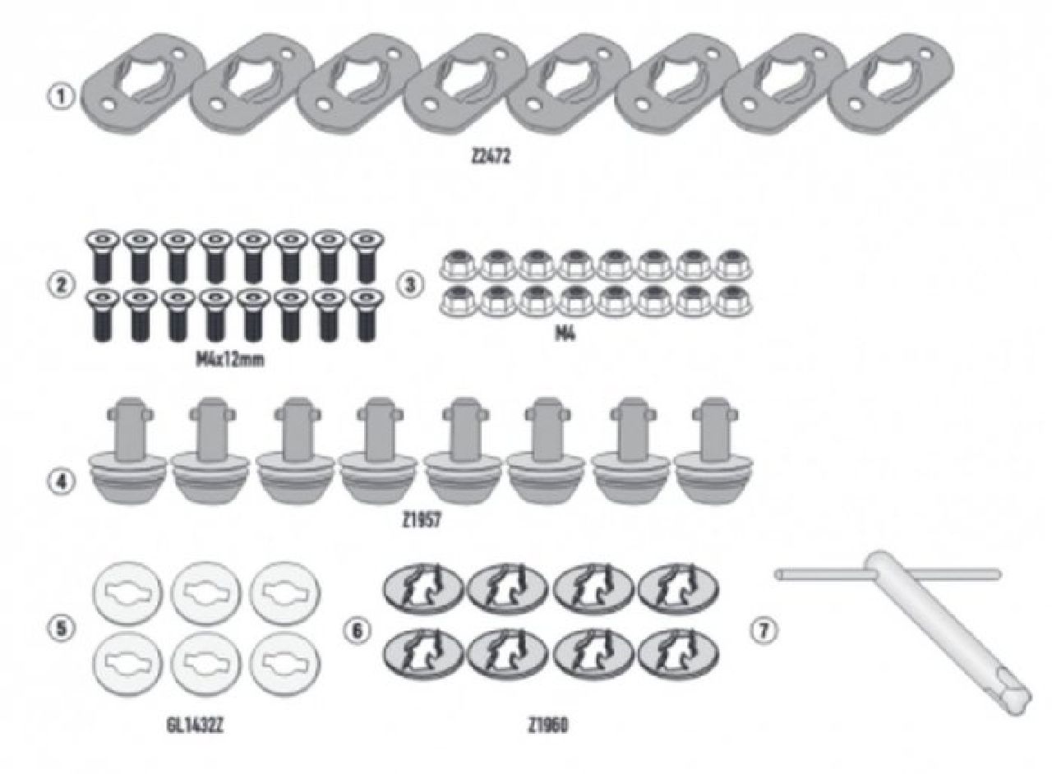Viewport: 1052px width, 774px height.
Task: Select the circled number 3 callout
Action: pos(408,285)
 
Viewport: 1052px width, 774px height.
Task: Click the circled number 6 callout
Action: pos(359,630)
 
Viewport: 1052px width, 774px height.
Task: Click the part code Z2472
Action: pos(491,158)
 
